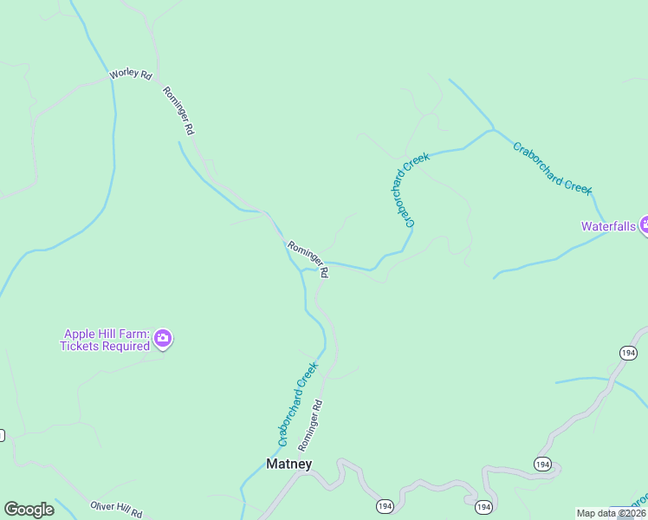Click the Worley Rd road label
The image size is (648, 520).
[x=131, y=75]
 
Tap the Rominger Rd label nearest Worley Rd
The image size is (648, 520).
[x=178, y=109]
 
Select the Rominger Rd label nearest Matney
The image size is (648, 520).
[x=311, y=425]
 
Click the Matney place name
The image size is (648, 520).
[x=288, y=464]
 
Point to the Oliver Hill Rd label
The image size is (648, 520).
[x=117, y=509]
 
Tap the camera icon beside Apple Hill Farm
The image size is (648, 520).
[x=164, y=340]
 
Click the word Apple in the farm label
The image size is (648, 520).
[x=79, y=335]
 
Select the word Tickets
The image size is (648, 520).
[x=80, y=346]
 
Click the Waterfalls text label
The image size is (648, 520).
[x=608, y=226]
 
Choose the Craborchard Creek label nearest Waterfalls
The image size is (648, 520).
[x=552, y=168]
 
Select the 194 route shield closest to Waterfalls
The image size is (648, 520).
[x=628, y=352]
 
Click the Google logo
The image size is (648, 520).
[x=29, y=510]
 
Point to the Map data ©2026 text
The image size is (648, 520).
[x=611, y=513]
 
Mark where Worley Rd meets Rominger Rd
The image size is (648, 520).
[x=157, y=81]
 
